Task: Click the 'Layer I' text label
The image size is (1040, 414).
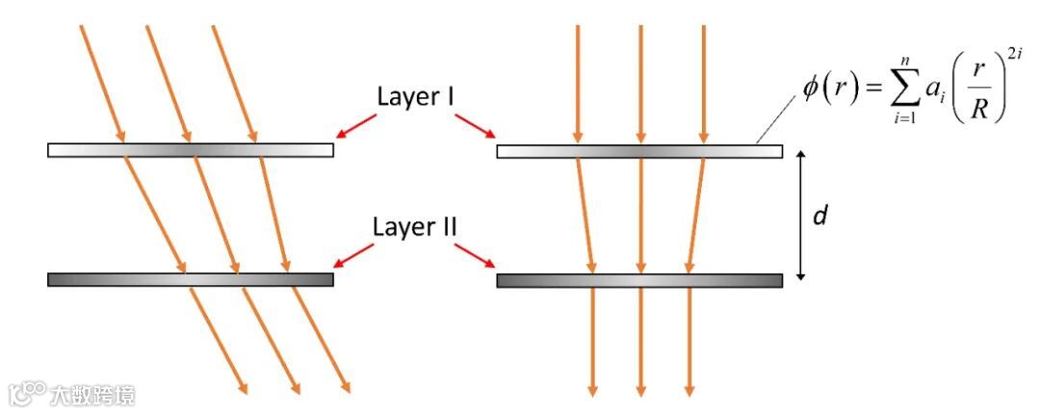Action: pyautogui.click(x=415, y=97)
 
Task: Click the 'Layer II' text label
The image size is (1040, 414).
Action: pyautogui.click(x=415, y=228)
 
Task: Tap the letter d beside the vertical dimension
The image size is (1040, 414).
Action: pyautogui.click(x=820, y=216)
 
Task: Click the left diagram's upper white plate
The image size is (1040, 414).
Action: pyautogui.click(x=191, y=150)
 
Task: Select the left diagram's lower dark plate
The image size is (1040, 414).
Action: pyautogui.click(x=191, y=279)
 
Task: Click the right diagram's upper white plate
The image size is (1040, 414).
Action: pyautogui.click(x=639, y=151)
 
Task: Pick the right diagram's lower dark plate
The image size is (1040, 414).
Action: pyautogui.click(x=639, y=280)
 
